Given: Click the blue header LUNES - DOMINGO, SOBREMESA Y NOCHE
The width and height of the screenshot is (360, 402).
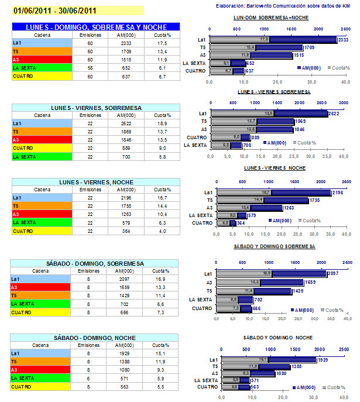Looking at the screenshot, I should click(96, 27).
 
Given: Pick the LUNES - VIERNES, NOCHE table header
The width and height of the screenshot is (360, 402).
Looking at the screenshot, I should click(96, 182).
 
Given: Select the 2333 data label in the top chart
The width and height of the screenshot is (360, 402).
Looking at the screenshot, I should click(345, 40).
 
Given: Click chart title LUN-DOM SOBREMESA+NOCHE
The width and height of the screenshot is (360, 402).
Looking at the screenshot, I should click(279, 18).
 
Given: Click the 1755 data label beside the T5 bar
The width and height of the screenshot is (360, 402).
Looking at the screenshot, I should click(317, 200).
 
